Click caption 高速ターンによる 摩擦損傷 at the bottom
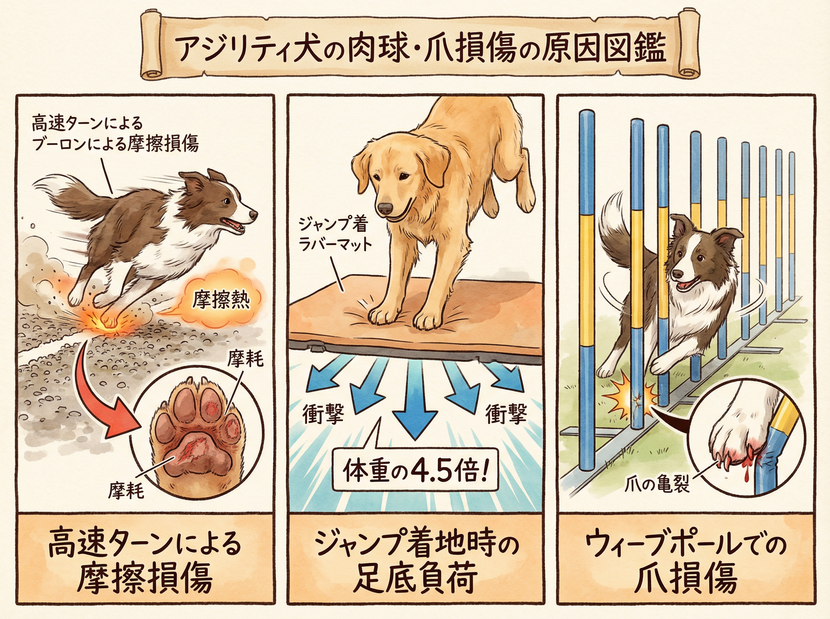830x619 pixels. [x=145, y=562]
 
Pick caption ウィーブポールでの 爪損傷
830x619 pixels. [x=685, y=562]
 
